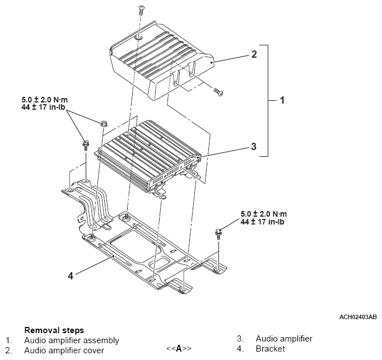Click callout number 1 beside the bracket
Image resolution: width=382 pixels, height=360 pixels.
pos(282,100)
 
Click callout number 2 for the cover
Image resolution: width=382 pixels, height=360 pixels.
pos(254,54)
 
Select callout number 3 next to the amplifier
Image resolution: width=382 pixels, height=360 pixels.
pos(254,146)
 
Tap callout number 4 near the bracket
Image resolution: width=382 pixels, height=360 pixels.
pos(71,276)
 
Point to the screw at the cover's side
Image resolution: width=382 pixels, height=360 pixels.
pos(218,92)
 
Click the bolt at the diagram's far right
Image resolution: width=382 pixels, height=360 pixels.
pos(218,233)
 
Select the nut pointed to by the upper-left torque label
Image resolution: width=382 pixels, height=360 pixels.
pos(104,124)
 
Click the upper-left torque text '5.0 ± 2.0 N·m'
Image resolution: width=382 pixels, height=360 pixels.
pos(45,100)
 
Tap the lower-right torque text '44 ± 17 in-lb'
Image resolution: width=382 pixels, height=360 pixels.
pos(262,222)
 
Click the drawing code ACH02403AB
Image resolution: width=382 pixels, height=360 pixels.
pos(358,317)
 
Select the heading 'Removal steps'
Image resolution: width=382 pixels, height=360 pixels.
pos(54,330)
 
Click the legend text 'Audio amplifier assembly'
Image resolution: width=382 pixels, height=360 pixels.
pos(72,340)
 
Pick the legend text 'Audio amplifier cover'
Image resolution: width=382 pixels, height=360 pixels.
pos(64,350)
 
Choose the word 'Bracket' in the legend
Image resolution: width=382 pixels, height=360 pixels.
pos(270,349)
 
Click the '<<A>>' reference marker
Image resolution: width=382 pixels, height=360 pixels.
pos(179,349)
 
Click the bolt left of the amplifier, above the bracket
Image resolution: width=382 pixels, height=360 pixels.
pos(85,145)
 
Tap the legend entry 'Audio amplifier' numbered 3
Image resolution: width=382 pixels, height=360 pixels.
pos(284,339)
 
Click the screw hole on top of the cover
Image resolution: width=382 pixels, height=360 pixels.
pos(138,38)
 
